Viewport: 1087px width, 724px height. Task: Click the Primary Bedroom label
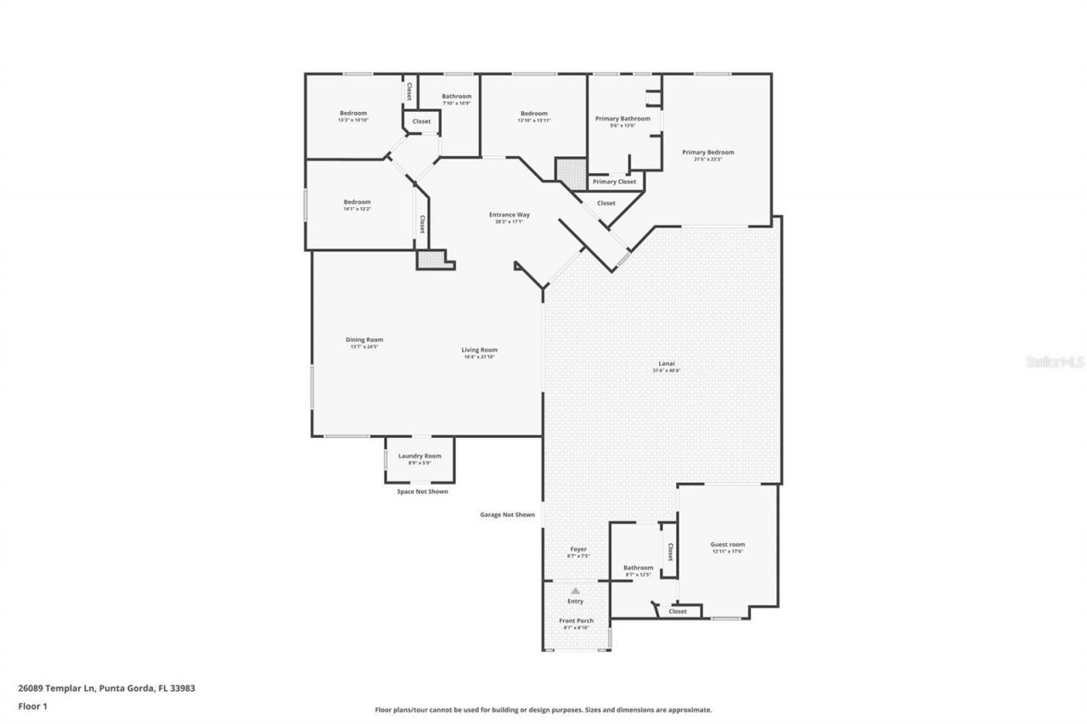[x=707, y=153]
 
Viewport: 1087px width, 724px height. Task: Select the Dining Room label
[x=363, y=340]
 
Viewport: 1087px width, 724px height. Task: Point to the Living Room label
[x=479, y=350]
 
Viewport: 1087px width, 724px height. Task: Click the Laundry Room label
[x=420, y=457]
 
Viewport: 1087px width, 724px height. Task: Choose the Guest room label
[x=727, y=545]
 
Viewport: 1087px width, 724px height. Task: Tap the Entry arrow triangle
[x=575, y=591]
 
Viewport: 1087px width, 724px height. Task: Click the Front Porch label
[x=576, y=621]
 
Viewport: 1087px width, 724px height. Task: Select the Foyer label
[x=577, y=549]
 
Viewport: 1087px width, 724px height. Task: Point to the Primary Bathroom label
[x=622, y=119]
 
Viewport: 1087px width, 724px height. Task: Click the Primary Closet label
[x=614, y=182]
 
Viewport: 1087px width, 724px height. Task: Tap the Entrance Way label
[x=509, y=215]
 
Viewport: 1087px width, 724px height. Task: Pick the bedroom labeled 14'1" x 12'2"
[x=357, y=202]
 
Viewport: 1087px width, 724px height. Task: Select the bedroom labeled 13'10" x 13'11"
[x=533, y=114]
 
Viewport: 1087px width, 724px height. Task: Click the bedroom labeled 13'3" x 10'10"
[x=353, y=114]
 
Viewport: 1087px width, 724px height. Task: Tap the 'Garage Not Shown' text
[x=507, y=514]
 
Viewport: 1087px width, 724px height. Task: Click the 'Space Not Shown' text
[x=422, y=491]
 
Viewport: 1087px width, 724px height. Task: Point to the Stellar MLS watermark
[x=1055, y=362]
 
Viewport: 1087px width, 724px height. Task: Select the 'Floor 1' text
[x=32, y=705]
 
